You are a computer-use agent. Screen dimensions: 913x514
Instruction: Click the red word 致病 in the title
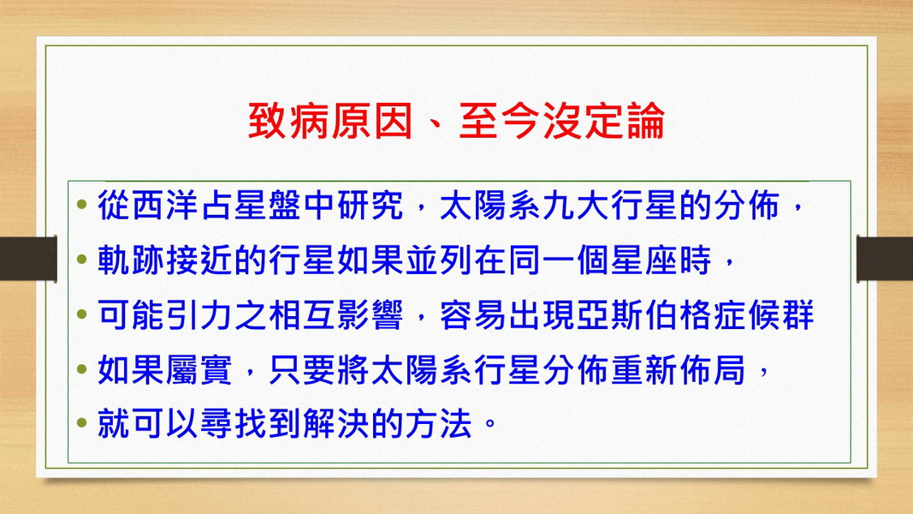click(x=289, y=121)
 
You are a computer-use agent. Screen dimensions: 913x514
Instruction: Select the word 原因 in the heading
click(x=372, y=121)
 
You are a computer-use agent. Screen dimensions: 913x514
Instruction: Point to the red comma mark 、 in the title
click(x=436, y=129)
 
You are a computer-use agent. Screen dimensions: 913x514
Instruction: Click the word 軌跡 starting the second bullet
click(x=131, y=260)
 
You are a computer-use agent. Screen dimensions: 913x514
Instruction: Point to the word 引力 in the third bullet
click(x=199, y=314)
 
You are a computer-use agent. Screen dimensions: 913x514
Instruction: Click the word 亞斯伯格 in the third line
click(x=643, y=314)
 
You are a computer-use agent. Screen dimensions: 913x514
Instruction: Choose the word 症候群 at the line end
click(x=762, y=314)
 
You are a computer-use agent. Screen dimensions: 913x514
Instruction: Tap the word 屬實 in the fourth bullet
click(x=199, y=369)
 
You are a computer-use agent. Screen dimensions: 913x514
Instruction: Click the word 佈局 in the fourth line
click(x=712, y=369)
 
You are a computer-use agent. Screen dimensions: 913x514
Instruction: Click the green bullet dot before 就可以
click(x=81, y=422)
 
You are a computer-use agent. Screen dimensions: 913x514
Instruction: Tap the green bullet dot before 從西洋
click(x=81, y=204)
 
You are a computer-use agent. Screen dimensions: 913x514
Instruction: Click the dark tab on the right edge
click(x=885, y=259)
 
